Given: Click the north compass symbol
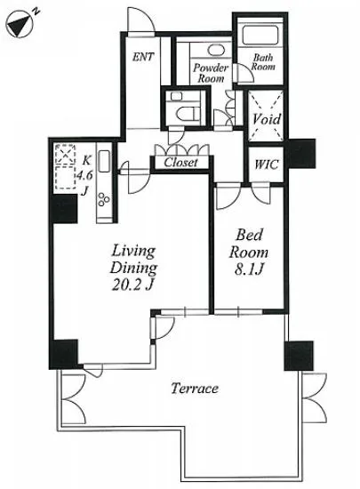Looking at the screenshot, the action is coord(20,25).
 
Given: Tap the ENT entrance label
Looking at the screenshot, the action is coord(143,57).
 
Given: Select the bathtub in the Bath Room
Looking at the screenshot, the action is coord(260,36).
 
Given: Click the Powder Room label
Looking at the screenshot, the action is coord(211,73).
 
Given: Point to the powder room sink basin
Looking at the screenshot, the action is coord(216,50).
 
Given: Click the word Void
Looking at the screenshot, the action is coord(266,119).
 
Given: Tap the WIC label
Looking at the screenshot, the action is coord(266,164).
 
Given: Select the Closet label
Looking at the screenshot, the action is coord(180,162).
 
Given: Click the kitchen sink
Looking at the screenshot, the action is coord(104,161).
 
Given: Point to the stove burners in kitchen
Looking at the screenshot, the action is coord(104,200).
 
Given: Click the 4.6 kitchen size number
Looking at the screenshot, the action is coord(84,175).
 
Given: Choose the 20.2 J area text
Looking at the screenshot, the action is coord(132,285).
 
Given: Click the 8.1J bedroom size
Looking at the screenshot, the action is coord(249,269).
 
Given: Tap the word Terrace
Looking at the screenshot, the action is coord(195,389).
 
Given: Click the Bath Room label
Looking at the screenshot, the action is coord(263,62).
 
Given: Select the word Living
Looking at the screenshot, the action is coord(133,251).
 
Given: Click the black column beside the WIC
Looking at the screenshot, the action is coord(301,154).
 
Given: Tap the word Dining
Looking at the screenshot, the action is coord(133,269).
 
